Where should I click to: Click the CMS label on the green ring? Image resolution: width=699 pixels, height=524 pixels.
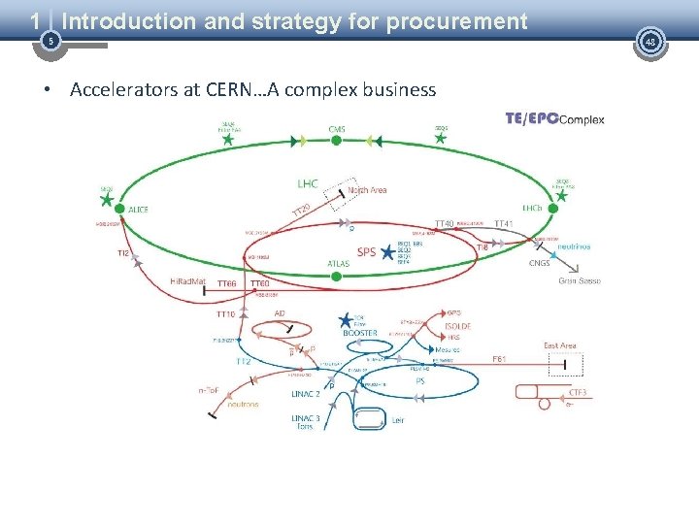(337, 128)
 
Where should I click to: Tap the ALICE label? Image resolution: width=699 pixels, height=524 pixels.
(139, 209)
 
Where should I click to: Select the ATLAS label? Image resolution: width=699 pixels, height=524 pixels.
(339, 262)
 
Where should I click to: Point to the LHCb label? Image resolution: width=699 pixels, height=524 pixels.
(533, 208)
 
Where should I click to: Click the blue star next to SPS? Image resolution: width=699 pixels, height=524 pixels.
(387, 253)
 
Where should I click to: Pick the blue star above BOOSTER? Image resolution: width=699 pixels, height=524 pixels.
(345, 319)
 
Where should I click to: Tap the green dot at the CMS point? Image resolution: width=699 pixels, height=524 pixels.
(336, 140)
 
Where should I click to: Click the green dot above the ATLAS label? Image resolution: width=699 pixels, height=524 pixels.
(336, 276)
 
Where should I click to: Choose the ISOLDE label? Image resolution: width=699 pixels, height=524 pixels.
(457, 326)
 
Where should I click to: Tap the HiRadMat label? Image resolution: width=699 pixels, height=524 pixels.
(187, 281)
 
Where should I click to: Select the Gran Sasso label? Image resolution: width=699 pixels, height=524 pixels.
(580, 280)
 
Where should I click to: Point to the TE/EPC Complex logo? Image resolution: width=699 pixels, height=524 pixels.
(554, 119)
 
